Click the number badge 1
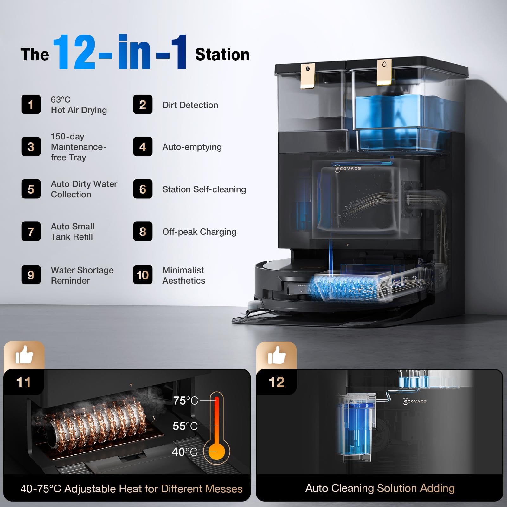pyautogui.click(x=31, y=104)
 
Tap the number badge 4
pyautogui.click(x=143, y=146)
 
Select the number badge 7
pyautogui.click(x=31, y=231)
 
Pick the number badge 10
pyautogui.click(x=143, y=275)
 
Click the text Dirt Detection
pyautogui.click(x=190, y=105)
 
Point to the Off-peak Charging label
pyautogui.click(x=199, y=232)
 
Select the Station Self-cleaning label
pyautogui.click(x=204, y=189)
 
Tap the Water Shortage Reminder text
pyautogui.click(x=82, y=275)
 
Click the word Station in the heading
pyautogui.click(x=222, y=54)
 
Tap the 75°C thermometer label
pyautogui.click(x=185, y=401)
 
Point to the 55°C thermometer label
pyautogui.click(x=185, y=426)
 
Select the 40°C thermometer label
pyautogui.click(x=184, y=452)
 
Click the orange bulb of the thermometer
pyautogui.click(x=217, y=452)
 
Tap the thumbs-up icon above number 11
pyautogui.click(x=24, y=355)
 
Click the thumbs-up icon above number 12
pyautogui.click(x=277, y=355)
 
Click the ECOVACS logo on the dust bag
pyautogui.click(x=348, y=169)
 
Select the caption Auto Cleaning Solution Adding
pyautogui.click(x=380, y=488)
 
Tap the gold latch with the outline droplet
pyautogui.click(x=384, y=72)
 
